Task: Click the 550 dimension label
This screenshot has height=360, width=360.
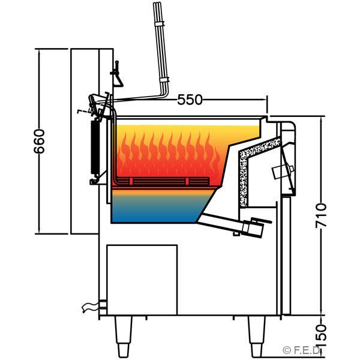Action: coord(190,100)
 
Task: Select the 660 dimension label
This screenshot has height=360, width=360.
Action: coord(40,141)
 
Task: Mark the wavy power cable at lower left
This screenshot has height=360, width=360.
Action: coord(90,308)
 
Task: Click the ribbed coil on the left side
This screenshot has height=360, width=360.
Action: coord(94,147)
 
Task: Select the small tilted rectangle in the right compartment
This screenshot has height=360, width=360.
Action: coord(281,172)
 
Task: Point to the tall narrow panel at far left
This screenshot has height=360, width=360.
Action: coord(85,141)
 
